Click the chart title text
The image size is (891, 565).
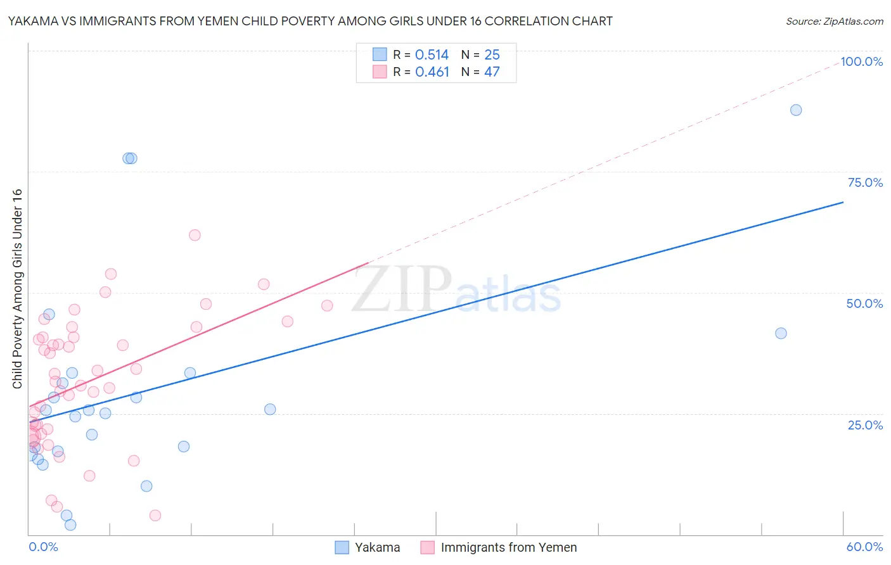[310, 21]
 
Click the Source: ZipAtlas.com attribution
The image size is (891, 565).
[834, 21]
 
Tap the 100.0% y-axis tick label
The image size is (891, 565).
[861, 61]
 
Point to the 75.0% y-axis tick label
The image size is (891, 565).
[865, 182]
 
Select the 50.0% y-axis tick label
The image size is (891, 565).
[864, 303]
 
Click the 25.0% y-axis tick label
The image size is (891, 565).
[865, 424]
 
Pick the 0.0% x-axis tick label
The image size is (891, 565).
[43, 547]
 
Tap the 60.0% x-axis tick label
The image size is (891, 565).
[864, 547]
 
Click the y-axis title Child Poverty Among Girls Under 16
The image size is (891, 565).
[17, 289]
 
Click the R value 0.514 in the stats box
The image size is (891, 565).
[432, 55]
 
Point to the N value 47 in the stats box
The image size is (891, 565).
[492, 72]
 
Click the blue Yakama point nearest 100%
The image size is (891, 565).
[796, 110]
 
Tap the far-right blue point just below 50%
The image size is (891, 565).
[781, 333]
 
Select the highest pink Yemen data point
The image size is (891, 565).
[195, 235]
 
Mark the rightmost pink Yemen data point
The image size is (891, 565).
[327, 305]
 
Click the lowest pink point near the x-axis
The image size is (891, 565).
[155, 515]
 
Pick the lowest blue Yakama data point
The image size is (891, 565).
[70, 524]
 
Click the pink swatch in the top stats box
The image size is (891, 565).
[380, 72]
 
